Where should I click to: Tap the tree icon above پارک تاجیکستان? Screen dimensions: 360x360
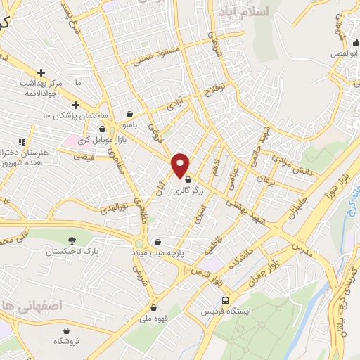pos(73,240)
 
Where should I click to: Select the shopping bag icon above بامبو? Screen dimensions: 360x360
pos(130,114)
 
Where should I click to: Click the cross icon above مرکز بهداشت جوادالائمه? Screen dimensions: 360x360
pos(41,72)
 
